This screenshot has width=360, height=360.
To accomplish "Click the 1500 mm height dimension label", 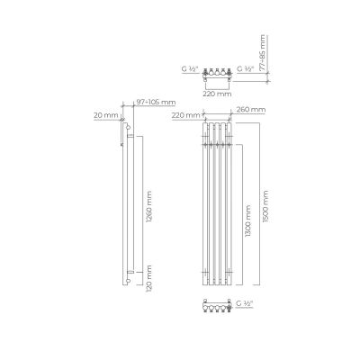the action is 265,206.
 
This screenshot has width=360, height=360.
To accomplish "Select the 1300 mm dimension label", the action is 247,221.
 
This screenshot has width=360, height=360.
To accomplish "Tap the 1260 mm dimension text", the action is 148,206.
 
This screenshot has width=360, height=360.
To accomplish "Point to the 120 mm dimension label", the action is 148,278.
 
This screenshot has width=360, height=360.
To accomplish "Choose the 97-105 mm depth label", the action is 156,103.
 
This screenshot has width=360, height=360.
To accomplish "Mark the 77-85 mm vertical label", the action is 263,53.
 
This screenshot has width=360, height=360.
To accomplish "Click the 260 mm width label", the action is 251,110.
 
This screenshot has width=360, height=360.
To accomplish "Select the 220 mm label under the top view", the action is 217,94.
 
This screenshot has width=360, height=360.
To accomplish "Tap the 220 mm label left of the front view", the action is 186,115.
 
